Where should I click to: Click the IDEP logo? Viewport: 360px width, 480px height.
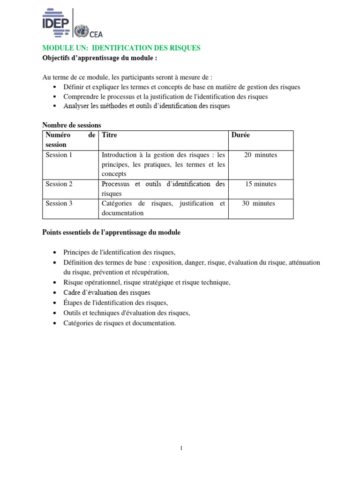56,22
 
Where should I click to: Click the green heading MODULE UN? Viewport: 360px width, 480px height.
121,48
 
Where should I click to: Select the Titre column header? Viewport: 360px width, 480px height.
109,135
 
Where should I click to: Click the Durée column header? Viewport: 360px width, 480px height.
240,135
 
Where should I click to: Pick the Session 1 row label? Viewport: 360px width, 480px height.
59,155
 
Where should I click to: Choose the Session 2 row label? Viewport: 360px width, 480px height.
59,184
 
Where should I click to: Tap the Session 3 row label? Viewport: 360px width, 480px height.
59,203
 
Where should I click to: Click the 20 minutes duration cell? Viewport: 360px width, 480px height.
261,155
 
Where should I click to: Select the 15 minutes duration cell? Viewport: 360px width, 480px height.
261,184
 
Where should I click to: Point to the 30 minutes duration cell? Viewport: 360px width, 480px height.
258,203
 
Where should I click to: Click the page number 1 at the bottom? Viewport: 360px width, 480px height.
181,448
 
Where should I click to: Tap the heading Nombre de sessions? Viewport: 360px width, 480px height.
72,125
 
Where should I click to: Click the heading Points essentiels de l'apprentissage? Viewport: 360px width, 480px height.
111,232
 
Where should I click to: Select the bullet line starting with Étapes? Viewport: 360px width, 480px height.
116,302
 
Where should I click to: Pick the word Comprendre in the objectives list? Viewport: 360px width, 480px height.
80,97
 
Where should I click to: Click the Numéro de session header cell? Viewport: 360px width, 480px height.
70,140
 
